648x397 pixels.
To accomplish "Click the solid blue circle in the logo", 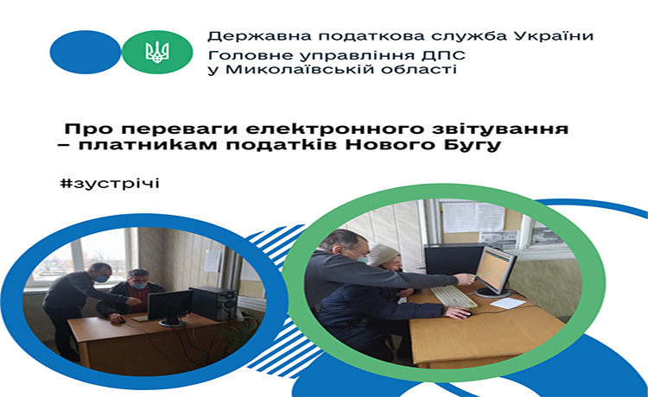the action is pos(86,52).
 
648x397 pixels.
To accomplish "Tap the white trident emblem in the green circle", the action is pos(157,52).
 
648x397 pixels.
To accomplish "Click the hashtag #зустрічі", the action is pos(110,183).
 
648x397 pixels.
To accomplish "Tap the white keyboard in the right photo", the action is pos(454,296).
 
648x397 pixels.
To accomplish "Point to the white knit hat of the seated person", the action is pos(383,255).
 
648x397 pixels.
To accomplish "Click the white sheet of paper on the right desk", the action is pos(507,303).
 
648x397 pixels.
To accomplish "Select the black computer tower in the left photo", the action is pos(213,303).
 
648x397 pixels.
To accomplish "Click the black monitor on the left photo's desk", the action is pos(170,307).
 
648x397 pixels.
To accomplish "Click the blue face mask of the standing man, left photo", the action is pos(102,279).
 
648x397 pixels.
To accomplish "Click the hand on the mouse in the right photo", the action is pos(457,312).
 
